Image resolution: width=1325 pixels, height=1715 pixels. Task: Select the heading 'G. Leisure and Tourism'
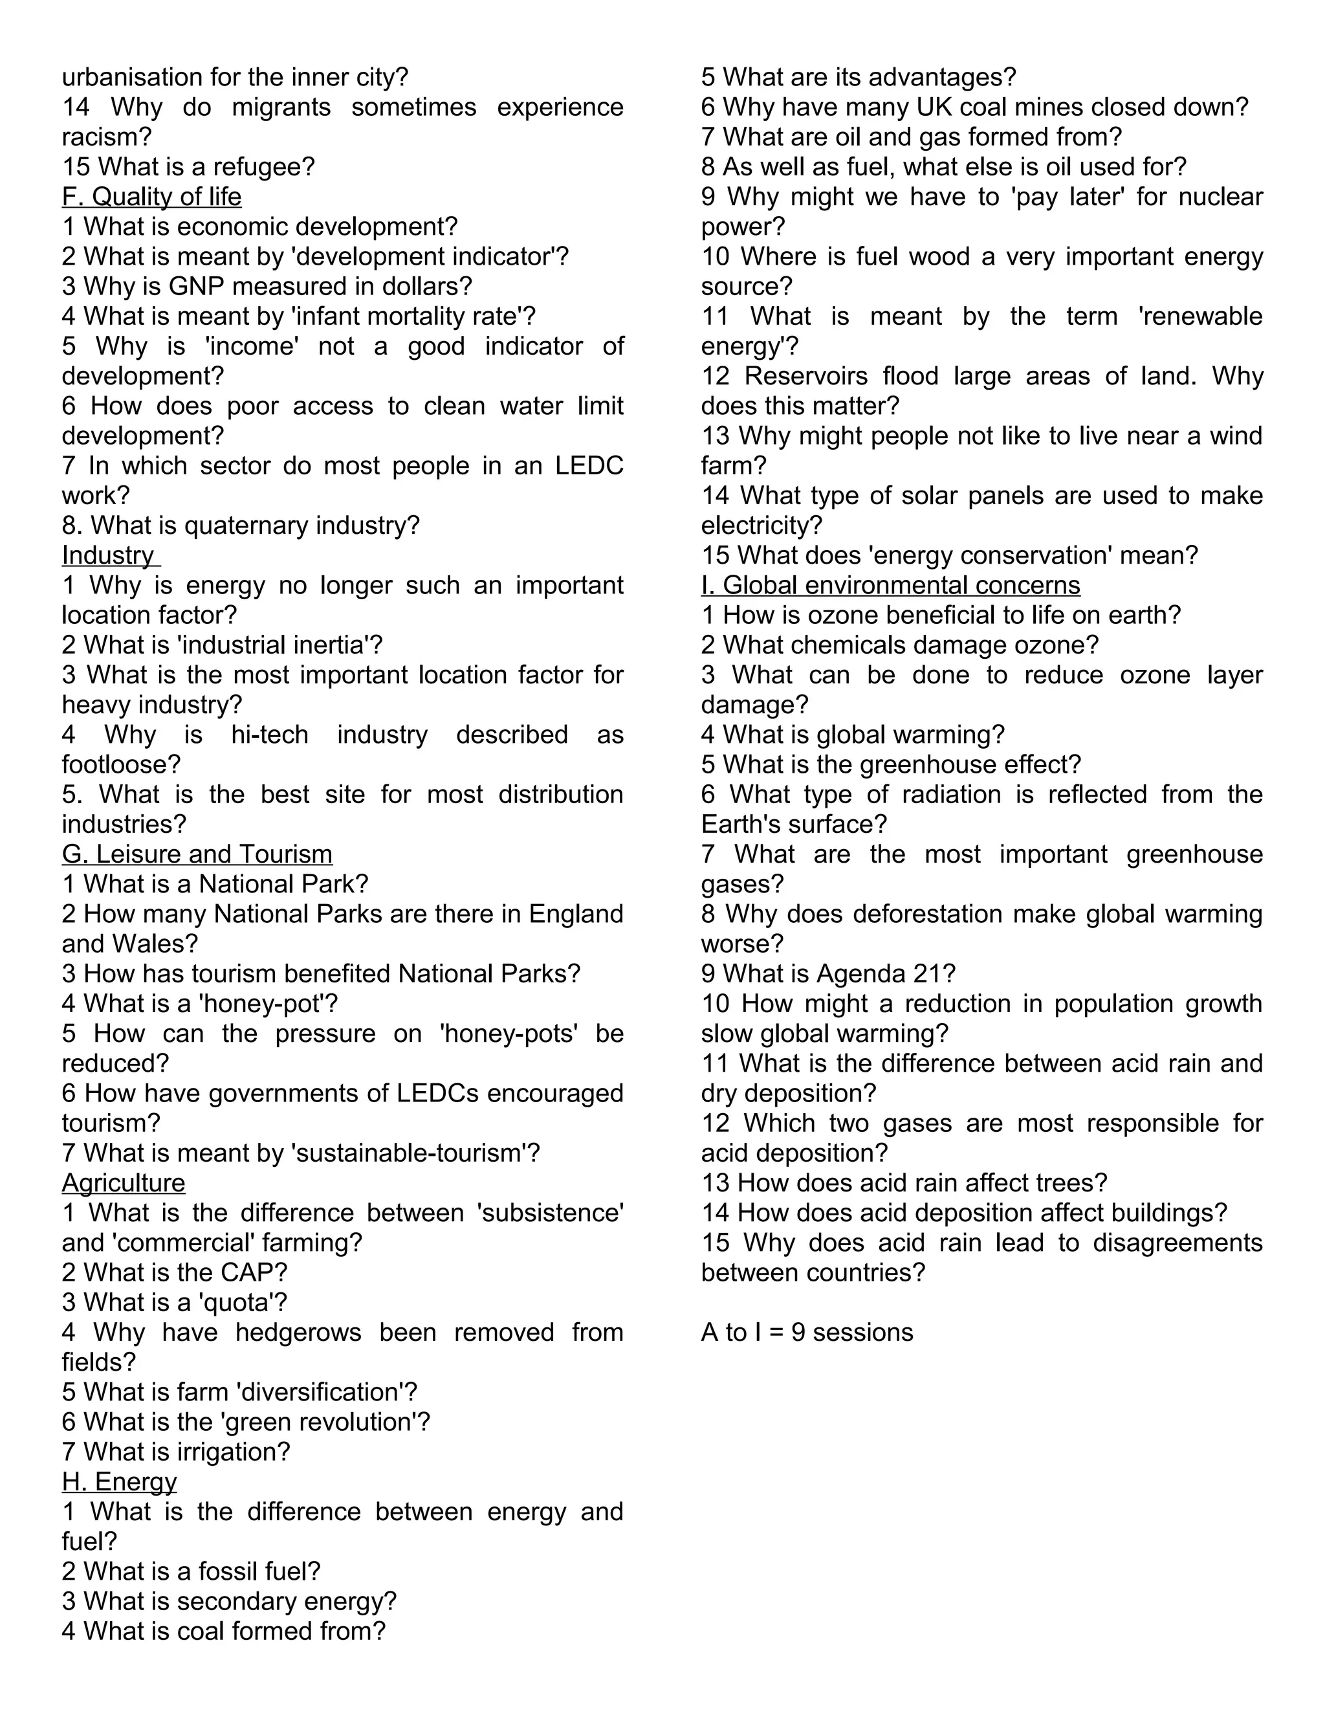click(197, 854)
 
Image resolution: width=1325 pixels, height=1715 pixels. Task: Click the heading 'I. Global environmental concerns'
click(890, 585)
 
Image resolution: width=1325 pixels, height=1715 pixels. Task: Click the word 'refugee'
click(257, 166)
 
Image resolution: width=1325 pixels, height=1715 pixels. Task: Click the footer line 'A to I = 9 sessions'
click(807, 1332)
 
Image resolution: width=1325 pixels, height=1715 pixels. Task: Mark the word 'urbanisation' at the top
click(131, 77)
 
